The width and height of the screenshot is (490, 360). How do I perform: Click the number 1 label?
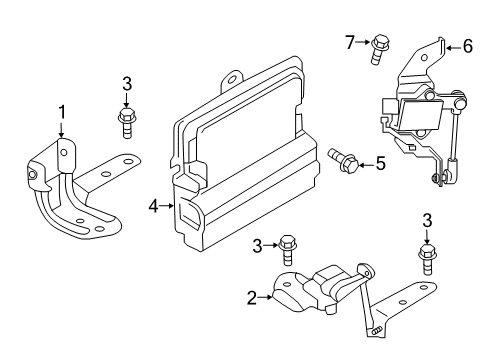click(x=61, y=111)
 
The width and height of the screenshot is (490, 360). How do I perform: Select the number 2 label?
click(x=250, y=296)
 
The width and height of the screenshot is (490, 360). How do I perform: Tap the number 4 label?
click(x=154, y=206)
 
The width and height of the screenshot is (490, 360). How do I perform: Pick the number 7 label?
click(x=350, y=42)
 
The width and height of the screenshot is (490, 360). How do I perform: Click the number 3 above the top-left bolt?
click(x=126, y=83)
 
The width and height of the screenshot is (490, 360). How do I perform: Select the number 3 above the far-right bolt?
click(x=426, y=222)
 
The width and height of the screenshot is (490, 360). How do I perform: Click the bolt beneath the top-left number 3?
click(x=126, y=123)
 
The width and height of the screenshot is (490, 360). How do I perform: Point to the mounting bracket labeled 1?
click(x=75, y=190)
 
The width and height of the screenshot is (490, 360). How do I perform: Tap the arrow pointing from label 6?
click(x=451, y=46)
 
